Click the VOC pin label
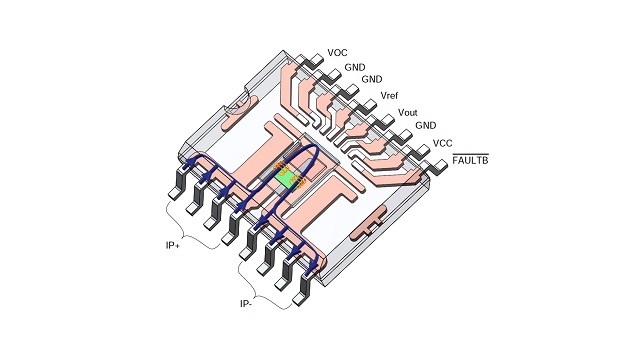click(x=337, y=53)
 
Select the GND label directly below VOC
click(x=355, y=67)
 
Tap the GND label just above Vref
click(x=372, y=79)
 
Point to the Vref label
click(x=389, y=96)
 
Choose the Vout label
click(x=408, y=112)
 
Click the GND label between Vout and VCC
click(x=425, y=125)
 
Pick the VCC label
click(x=442, y=143)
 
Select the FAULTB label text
click(x=470, y=161)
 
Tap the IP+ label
click(x=173, y=245)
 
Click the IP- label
click(x=246, y=304)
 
